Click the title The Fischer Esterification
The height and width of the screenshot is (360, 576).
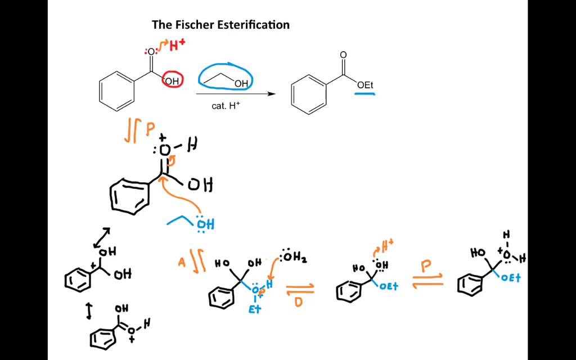[x=220, y=25]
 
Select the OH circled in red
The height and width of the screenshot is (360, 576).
[x=172, y=81]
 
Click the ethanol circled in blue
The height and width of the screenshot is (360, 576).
[x=226, y=78]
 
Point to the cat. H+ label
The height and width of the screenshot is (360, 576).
[x=226, y=106]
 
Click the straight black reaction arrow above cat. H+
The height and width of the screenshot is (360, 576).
[x=236, y=94]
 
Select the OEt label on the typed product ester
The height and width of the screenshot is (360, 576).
[x=365, y=85]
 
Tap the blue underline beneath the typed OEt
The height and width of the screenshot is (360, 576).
[x=364, y=94]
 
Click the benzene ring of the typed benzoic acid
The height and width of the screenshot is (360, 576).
[x=117, y=91]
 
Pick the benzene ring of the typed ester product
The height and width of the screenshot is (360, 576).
[x=309, y=94]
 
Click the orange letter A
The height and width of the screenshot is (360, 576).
[x=182, y=262]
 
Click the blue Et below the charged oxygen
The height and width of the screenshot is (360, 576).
[x=255, y=309]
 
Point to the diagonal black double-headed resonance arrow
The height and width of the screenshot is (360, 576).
[x=102, y=238]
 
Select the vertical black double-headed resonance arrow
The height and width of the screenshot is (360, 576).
[x=89, y=311]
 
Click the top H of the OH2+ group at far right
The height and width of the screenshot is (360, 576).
[x=507, y=235]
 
